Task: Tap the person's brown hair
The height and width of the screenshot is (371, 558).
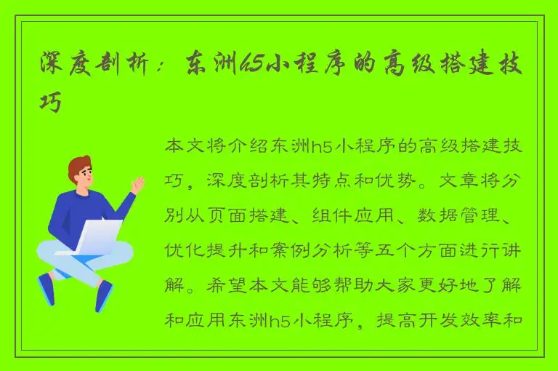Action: coord(79,165)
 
